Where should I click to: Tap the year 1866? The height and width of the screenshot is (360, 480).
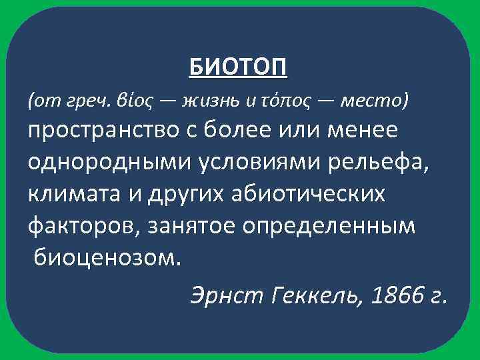[x=396, y=294]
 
